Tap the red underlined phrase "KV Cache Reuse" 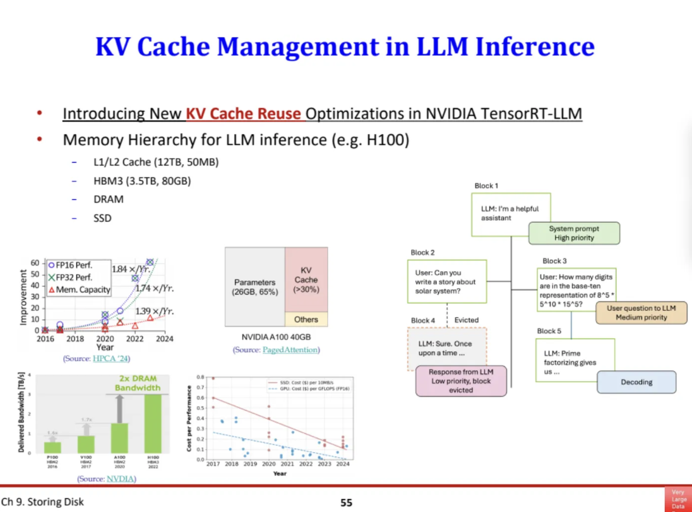[x=243, y=114]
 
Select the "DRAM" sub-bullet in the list [x=109, y=199]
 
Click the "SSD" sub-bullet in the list [x=103, y=218]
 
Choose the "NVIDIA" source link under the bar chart [x=120, y=479]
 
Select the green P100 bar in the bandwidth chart [x=52, y=446]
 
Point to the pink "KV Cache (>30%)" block [x=306, y=279]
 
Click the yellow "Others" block [x=306, y=320]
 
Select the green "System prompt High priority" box [x=574, y=233]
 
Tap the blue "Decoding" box [x=636, y=382]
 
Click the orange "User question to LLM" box [x=641, y=313]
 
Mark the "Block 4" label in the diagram [x=423, y=320]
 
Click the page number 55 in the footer [x=346, y=503]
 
